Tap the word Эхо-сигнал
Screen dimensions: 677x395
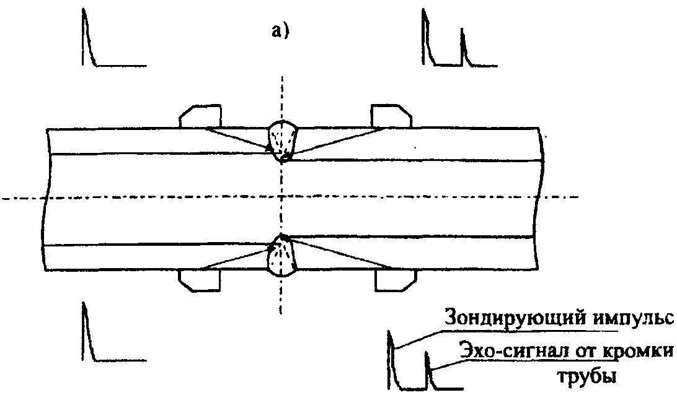tap(506, 352)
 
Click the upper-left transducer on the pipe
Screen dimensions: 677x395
tap(200, 116)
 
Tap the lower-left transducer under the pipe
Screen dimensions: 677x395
tap(199, 280)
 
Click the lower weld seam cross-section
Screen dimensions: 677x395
tap(281, 255)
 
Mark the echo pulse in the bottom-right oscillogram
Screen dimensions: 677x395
tap(427, 370)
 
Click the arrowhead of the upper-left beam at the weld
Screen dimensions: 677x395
tap(267, 148)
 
